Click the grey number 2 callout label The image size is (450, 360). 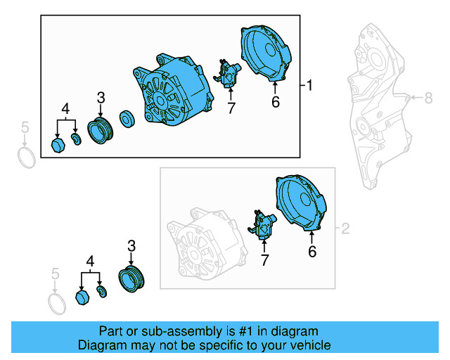345,229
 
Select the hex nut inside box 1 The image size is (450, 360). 59,145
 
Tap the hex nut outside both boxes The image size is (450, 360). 82,298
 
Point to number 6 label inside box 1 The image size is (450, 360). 276,103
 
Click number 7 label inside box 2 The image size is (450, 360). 264,261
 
